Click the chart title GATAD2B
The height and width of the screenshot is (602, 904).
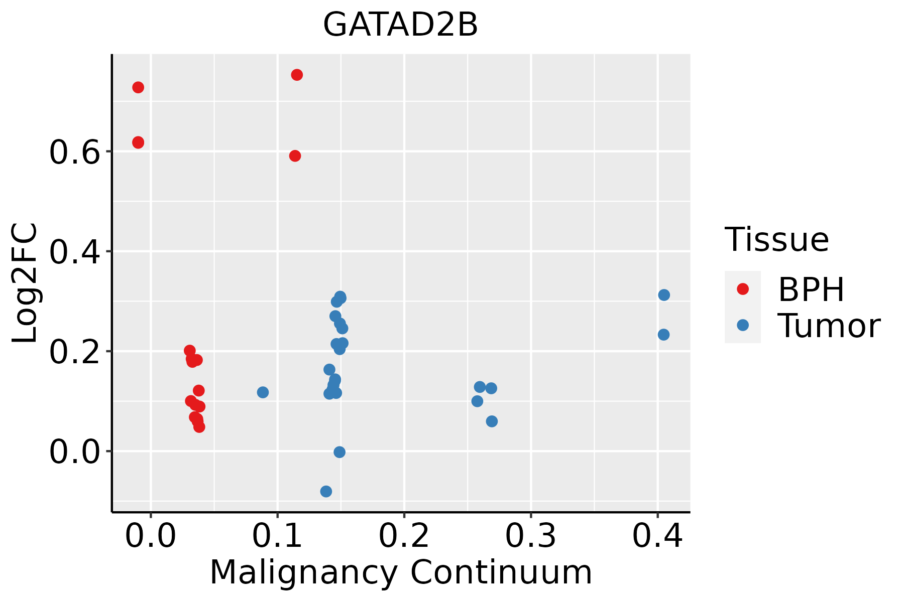click(400, 25)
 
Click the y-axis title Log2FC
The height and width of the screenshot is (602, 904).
click(25, 283)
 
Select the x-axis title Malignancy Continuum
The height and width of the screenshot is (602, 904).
click(401, 572)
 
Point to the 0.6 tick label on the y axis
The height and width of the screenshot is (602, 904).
click(74, 153)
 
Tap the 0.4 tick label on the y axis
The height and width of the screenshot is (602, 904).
click(74, 252)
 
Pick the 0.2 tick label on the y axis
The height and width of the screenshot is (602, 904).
click(74, 352)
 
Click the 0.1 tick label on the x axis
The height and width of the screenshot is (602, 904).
click(277, 536)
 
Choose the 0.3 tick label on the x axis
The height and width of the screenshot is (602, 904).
click(530, 536)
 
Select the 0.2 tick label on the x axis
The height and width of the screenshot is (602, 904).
click(404, 536)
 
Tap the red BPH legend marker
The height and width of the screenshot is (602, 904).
click(742, 289)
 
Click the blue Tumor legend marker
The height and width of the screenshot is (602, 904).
click(742, 325)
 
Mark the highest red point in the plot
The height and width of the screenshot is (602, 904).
click(297, 75)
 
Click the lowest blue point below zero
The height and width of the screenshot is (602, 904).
click(326, 492)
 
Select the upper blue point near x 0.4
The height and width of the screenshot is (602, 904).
click(664, 295)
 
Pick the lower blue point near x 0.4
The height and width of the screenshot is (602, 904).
click(663, 335)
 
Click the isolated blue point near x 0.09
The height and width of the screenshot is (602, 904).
click(263, 392)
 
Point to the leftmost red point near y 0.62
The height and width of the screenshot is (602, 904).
click(138, 142)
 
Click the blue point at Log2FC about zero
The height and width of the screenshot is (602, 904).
click(340, 453)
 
